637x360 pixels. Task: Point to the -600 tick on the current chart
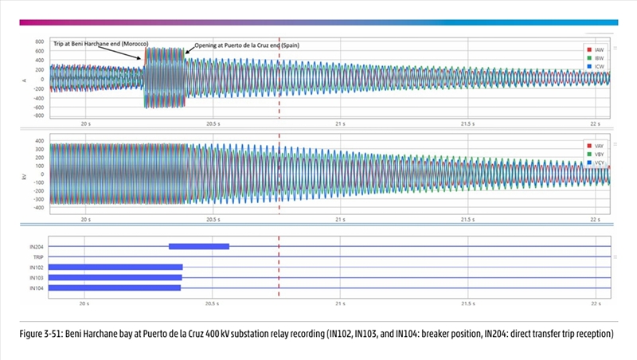pos(37,106)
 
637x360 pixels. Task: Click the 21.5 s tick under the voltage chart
pos(469,217)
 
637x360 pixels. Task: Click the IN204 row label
pos(37,247)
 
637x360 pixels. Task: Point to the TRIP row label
pos(37,257)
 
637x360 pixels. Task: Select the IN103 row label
pos(37,277)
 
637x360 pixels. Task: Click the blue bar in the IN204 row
pos(199,246)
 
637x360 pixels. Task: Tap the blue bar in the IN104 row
pos(115,288)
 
